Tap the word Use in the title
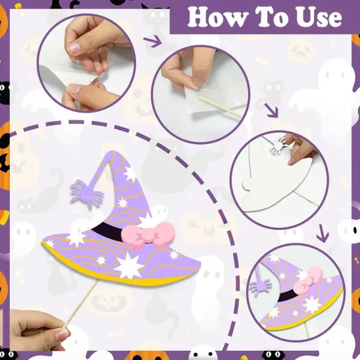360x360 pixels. click(319, 18)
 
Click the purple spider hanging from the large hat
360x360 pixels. click(86, 193)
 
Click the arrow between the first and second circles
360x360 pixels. click(153, 41)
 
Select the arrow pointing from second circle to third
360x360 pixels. click(272, 110)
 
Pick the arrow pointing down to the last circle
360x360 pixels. click(323, 234)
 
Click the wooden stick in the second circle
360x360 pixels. click(220, 107)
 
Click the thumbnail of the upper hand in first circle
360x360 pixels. click(74, 48)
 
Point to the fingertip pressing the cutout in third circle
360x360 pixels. click(292, 161)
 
